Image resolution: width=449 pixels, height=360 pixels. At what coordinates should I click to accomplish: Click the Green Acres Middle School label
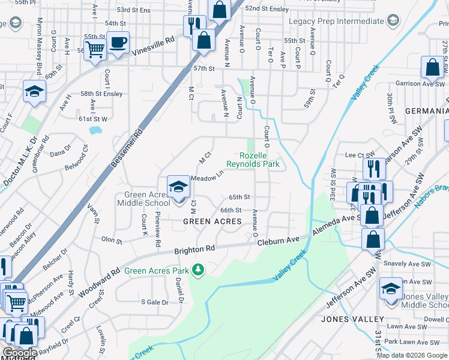pos(148,199)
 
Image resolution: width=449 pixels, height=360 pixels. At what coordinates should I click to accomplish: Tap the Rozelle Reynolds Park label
pos(253,159)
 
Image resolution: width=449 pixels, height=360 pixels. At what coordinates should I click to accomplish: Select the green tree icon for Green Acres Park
pos(198,271)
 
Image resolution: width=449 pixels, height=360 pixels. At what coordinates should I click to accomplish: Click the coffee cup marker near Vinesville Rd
pos(118,43)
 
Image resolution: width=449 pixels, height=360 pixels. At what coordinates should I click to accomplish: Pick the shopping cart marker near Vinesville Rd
pos(95,50)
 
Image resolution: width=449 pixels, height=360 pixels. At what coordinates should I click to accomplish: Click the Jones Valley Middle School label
pos(424,301)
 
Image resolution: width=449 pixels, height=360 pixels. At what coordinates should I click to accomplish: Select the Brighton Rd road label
pos(194,250)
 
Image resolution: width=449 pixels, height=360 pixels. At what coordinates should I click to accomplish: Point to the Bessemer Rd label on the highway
pos(125,148)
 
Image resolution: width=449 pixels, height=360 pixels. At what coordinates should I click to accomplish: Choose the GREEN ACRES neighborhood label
pos(212,221)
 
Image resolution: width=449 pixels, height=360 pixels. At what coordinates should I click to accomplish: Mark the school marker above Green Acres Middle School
pos(178,187)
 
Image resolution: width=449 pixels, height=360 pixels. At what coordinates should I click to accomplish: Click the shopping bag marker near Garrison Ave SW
pos(432,68)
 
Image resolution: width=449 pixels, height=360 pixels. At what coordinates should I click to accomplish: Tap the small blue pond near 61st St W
pos(94,130)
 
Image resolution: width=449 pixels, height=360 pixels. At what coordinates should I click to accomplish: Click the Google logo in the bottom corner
pos(19,353)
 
